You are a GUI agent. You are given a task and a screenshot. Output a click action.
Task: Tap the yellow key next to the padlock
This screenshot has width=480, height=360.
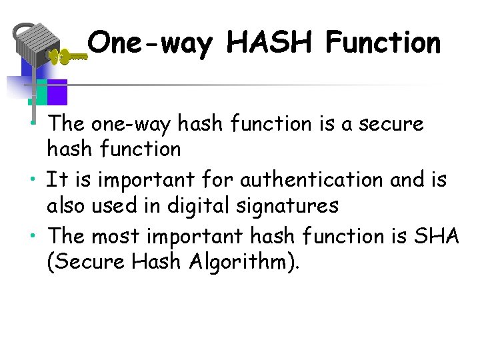point(69,57)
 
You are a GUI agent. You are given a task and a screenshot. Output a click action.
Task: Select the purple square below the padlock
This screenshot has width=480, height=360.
point(57,91)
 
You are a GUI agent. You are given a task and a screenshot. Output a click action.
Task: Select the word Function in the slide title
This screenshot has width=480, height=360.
point(383,43)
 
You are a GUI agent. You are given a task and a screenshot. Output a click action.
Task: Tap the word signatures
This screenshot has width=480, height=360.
point(294,206)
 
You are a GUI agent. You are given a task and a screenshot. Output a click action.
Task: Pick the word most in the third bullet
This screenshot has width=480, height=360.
point(111,236)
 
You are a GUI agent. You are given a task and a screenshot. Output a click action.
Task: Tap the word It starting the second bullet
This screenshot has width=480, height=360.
point(55,180)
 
